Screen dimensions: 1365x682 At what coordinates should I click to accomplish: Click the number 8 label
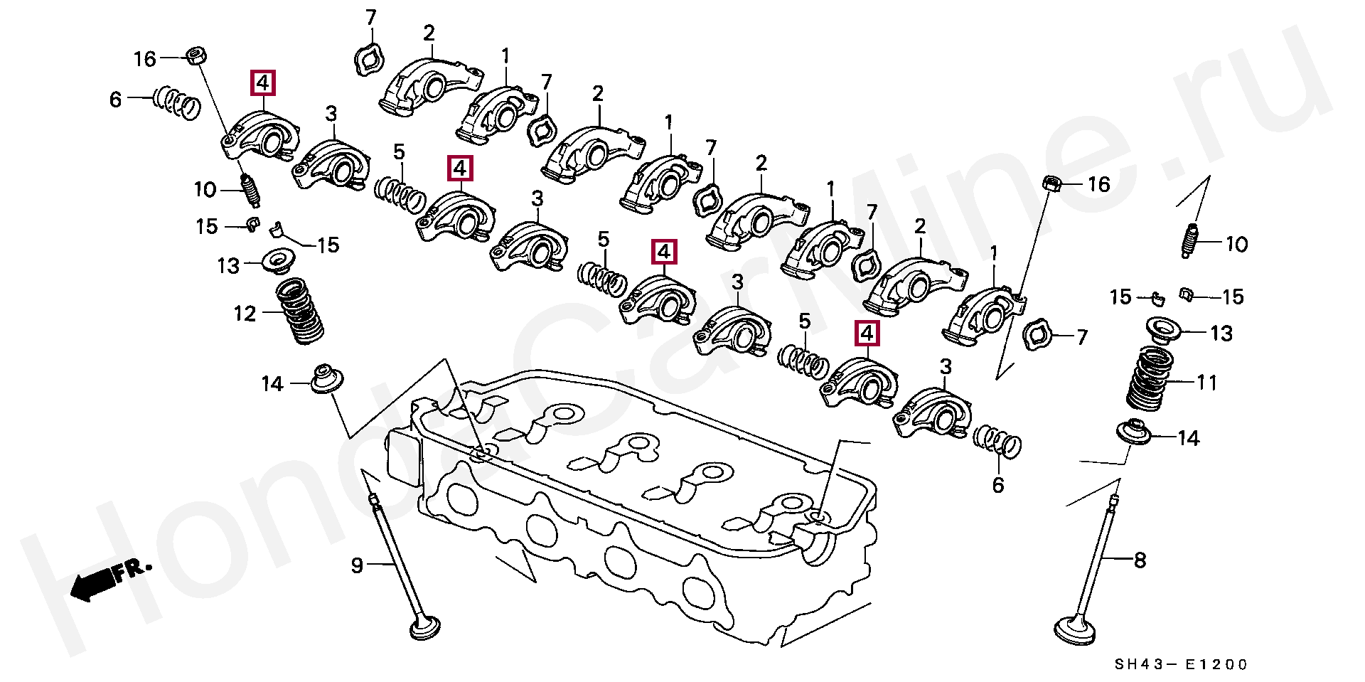click(1140, 561)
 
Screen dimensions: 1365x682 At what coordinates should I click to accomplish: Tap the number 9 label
click(357, 565)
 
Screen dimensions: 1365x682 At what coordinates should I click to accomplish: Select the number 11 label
click(1207, 383)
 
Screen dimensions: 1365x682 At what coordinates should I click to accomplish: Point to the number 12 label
click(245, 313)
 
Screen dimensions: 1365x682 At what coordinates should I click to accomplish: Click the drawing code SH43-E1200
click(1180, 665)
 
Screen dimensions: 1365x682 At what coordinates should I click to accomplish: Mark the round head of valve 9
click(425, 629)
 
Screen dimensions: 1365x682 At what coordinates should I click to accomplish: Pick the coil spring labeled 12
click(299, 311)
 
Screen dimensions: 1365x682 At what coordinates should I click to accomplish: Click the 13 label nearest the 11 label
click(1221, 333)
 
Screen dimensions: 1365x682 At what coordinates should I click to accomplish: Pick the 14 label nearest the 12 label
click(272, 384)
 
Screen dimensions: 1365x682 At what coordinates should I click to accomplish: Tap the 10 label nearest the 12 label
click(205, 190)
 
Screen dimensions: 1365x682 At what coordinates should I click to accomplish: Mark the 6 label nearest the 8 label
click(997, 485)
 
